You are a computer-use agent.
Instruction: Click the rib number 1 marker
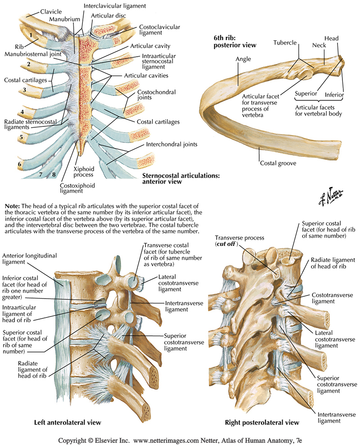(30, 35)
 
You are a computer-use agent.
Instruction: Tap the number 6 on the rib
(19, 165)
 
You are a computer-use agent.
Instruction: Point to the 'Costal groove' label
(278, 163)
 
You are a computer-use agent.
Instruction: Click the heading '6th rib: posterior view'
(234, 41)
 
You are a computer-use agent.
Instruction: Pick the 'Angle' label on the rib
(243, 59)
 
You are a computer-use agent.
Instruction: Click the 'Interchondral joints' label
(171, 145)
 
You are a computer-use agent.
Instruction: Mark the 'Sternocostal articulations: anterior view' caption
(180, 179)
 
